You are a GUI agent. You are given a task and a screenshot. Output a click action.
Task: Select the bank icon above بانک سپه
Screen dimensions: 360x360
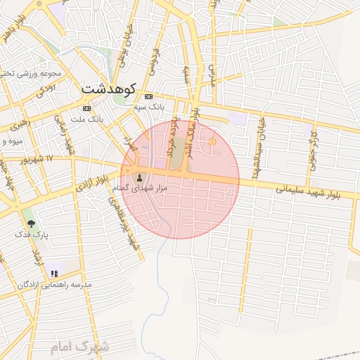(x=148, y=96)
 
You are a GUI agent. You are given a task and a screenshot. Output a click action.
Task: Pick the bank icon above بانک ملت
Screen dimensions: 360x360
(x=86, y=108)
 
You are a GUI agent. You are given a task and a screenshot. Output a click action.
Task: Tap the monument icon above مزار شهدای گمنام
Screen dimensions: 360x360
(x=139, y=177)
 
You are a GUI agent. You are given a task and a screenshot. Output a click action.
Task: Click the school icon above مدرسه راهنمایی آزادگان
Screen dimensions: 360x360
(x=54, y=273)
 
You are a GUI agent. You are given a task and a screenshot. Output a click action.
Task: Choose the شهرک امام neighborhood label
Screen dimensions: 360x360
(x=80, y=347)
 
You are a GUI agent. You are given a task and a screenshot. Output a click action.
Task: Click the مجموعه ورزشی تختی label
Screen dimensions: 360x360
(x=32, y=73)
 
